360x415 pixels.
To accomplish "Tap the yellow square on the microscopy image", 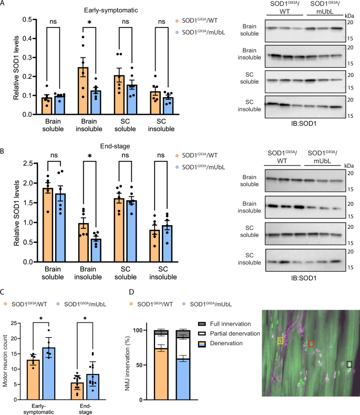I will [x=280, y=341].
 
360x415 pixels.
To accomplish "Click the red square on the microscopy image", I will [x=311, y=343].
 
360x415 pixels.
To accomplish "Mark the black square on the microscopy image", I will [x=350, y=363].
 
